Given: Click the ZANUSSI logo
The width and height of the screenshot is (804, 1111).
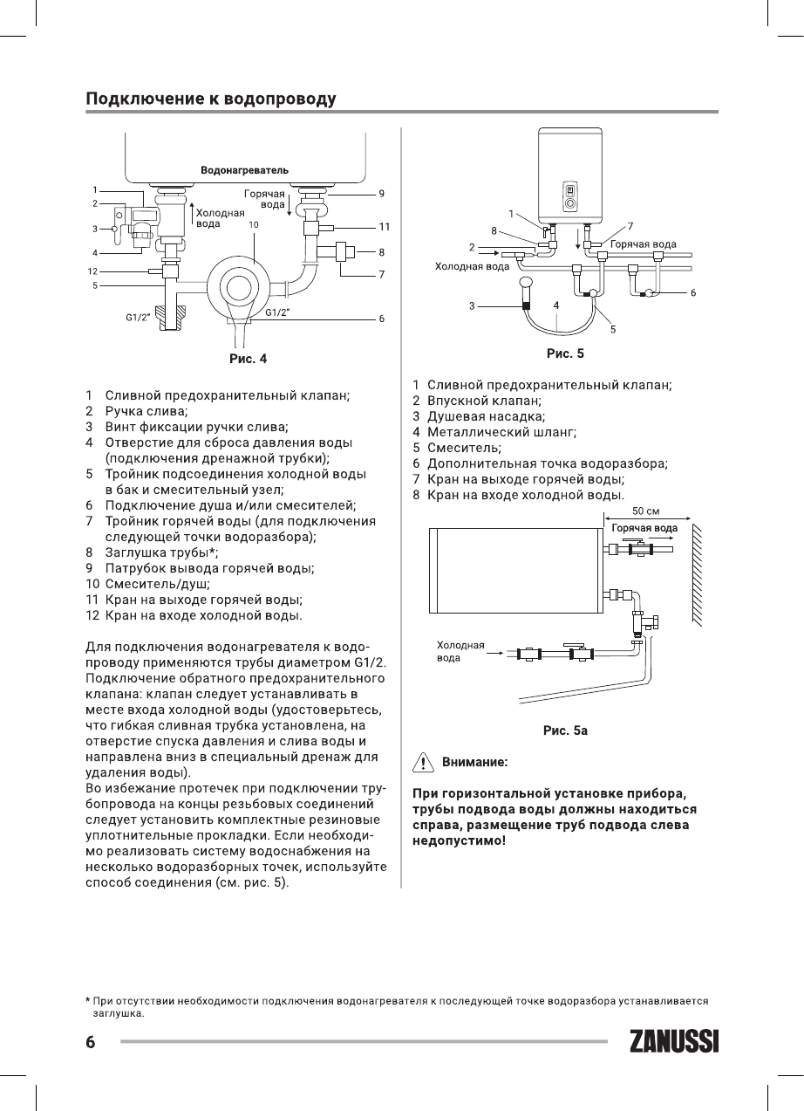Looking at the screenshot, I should (x=672, y=1042).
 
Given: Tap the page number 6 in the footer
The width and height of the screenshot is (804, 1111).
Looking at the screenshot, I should (x=90, y=1042).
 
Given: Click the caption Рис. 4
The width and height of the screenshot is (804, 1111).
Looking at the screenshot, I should (x=248, y=358).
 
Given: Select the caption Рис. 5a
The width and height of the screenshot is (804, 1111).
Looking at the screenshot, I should (x=565, y=730).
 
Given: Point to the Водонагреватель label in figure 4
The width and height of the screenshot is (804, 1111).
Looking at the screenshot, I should (x=244, y=168).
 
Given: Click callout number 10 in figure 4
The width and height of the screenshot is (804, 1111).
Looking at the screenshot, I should (x=254, y=224).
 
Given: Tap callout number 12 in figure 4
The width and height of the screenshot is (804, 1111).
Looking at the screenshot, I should (x=92, y=271).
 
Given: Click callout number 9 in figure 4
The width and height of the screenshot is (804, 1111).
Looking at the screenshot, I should (x=382, y=192).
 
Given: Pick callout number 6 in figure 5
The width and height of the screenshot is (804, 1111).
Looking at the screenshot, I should (x=692, y=293).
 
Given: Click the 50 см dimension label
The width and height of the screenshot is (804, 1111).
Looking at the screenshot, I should (x=644, y=511).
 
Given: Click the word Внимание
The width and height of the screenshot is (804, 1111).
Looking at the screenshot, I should (x=475, y=762).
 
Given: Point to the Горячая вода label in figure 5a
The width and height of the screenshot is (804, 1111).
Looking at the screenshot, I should (x=644, y=528).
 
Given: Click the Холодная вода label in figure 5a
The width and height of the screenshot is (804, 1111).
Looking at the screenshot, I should (x=460, y=651).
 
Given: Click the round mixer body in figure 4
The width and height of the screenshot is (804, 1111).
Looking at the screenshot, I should (x=237, y=286).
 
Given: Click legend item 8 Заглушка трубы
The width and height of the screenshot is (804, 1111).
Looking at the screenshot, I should (x=161, y=552).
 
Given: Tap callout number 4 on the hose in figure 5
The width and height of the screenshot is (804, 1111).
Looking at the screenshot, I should (x=555, y=305).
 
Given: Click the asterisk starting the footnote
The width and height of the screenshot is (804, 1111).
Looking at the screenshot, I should (x=88, y=1001).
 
